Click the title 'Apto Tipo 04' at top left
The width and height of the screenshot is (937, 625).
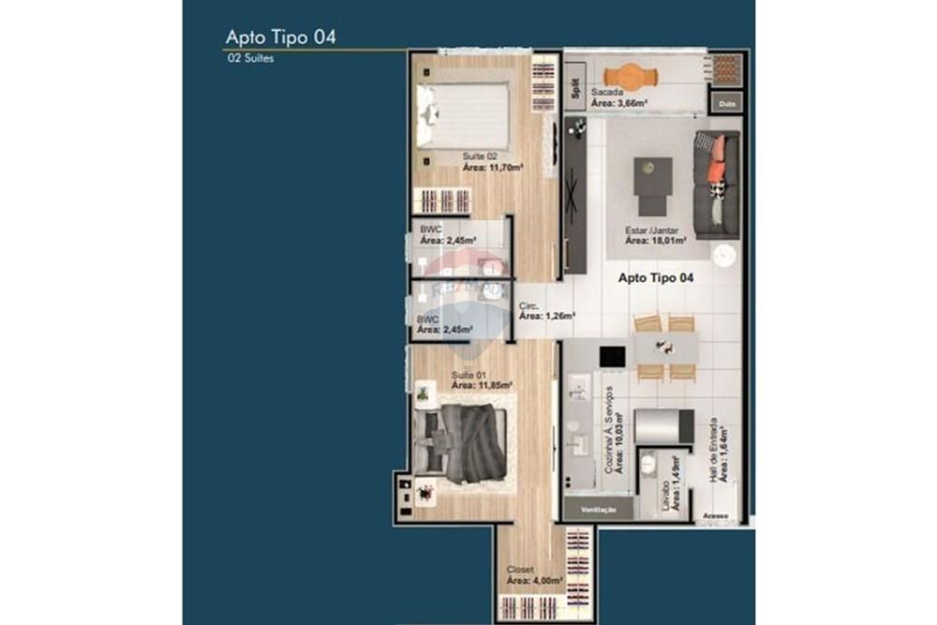pos(280,37)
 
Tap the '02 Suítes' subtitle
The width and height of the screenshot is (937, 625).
pos(250,58)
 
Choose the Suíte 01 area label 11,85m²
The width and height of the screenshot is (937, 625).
pos(482,384)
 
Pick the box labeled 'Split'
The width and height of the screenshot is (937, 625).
pos(574,86)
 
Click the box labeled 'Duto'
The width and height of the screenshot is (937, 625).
pos(725,102)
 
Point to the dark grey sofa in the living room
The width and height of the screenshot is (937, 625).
pos(717,184)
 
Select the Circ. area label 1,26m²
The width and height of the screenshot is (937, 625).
pos(548,316)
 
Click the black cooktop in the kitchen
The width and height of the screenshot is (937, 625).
pos(612,357)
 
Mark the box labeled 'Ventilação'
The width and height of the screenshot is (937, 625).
pos(598,509)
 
